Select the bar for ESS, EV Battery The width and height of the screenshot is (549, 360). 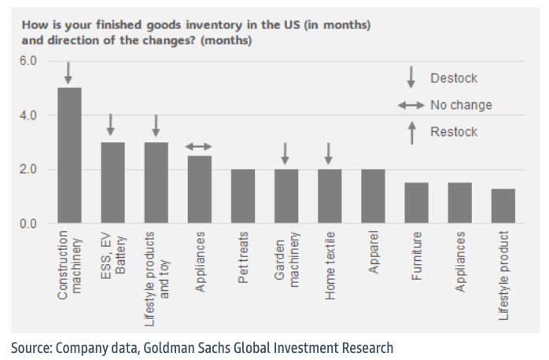[x=112, y=183]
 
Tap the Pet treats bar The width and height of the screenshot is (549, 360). [x=242, y=197]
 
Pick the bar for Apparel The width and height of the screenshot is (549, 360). [x=373, y=197]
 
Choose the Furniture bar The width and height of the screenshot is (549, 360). [x=416, y=204]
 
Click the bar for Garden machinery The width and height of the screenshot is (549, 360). [x=286, y=197]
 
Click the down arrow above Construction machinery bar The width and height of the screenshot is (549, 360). [x=68, y=73]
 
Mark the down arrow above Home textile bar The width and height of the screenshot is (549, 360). [x=329, y=153]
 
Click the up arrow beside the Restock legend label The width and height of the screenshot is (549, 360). [x=411, y=132]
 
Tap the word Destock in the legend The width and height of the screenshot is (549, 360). [x=454, y=79]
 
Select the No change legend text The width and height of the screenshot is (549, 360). [x=461, y=105]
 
